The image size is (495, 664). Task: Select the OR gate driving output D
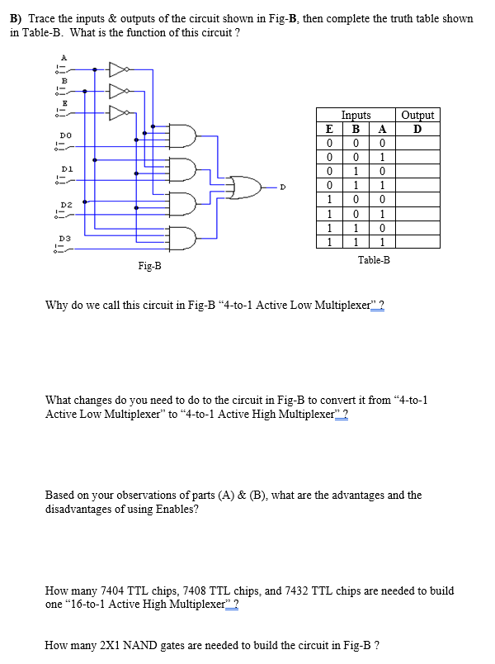point(245,187)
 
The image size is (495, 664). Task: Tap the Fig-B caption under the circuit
point(149,266)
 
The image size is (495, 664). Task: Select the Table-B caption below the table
point(374,259)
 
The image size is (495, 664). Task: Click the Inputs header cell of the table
point(356,116)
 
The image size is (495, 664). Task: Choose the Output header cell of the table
point(417,116)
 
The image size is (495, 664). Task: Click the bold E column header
point(329,128)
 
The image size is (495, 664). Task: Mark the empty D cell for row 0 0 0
point(417,142)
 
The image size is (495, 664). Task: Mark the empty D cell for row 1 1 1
point(417,242)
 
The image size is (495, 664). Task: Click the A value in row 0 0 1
point(381,157)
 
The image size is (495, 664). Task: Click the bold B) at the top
point(15,18)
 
